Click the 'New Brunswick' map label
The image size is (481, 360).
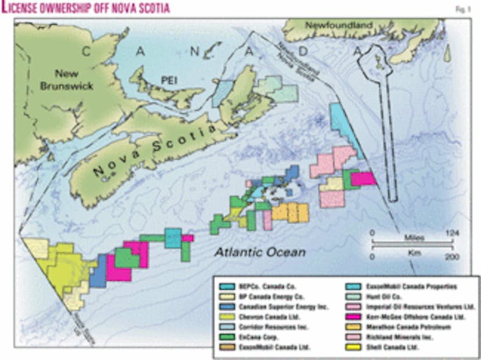click(74, 80)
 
